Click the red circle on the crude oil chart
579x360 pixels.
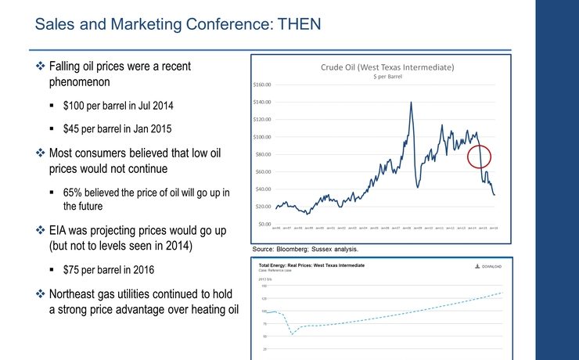point(480,156)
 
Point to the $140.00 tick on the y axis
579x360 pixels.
point(261,102)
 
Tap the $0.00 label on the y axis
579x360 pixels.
point(264,224)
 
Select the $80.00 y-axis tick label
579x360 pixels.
point(262,154)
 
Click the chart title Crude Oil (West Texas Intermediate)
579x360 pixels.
point(387,67)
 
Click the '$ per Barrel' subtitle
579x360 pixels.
point(387,77)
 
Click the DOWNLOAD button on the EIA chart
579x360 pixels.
point(487,266)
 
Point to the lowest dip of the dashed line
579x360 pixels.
point(292,334)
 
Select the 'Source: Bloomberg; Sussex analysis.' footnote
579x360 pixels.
point(304,248)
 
